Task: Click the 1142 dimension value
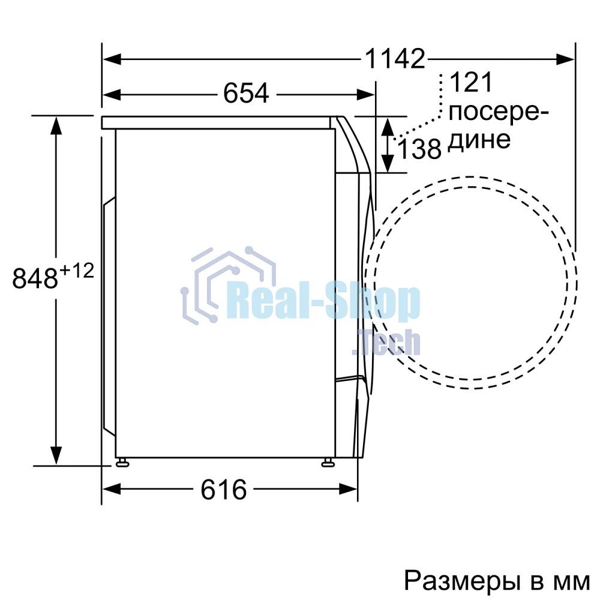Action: click(x=395, y=59)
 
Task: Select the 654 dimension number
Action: click(x=245, y=94)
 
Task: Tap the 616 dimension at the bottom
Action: click(x=223, y=490)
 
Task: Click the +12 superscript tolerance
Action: click(x=76, y=271)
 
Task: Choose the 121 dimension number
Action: click(x=470, y=83)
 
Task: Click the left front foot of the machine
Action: click(x=122, y=461)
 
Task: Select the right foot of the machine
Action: click(x=328, y=461)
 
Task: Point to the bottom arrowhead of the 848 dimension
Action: click(x=56, y=455)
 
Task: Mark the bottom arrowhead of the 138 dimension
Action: click(x=388, y=163)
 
